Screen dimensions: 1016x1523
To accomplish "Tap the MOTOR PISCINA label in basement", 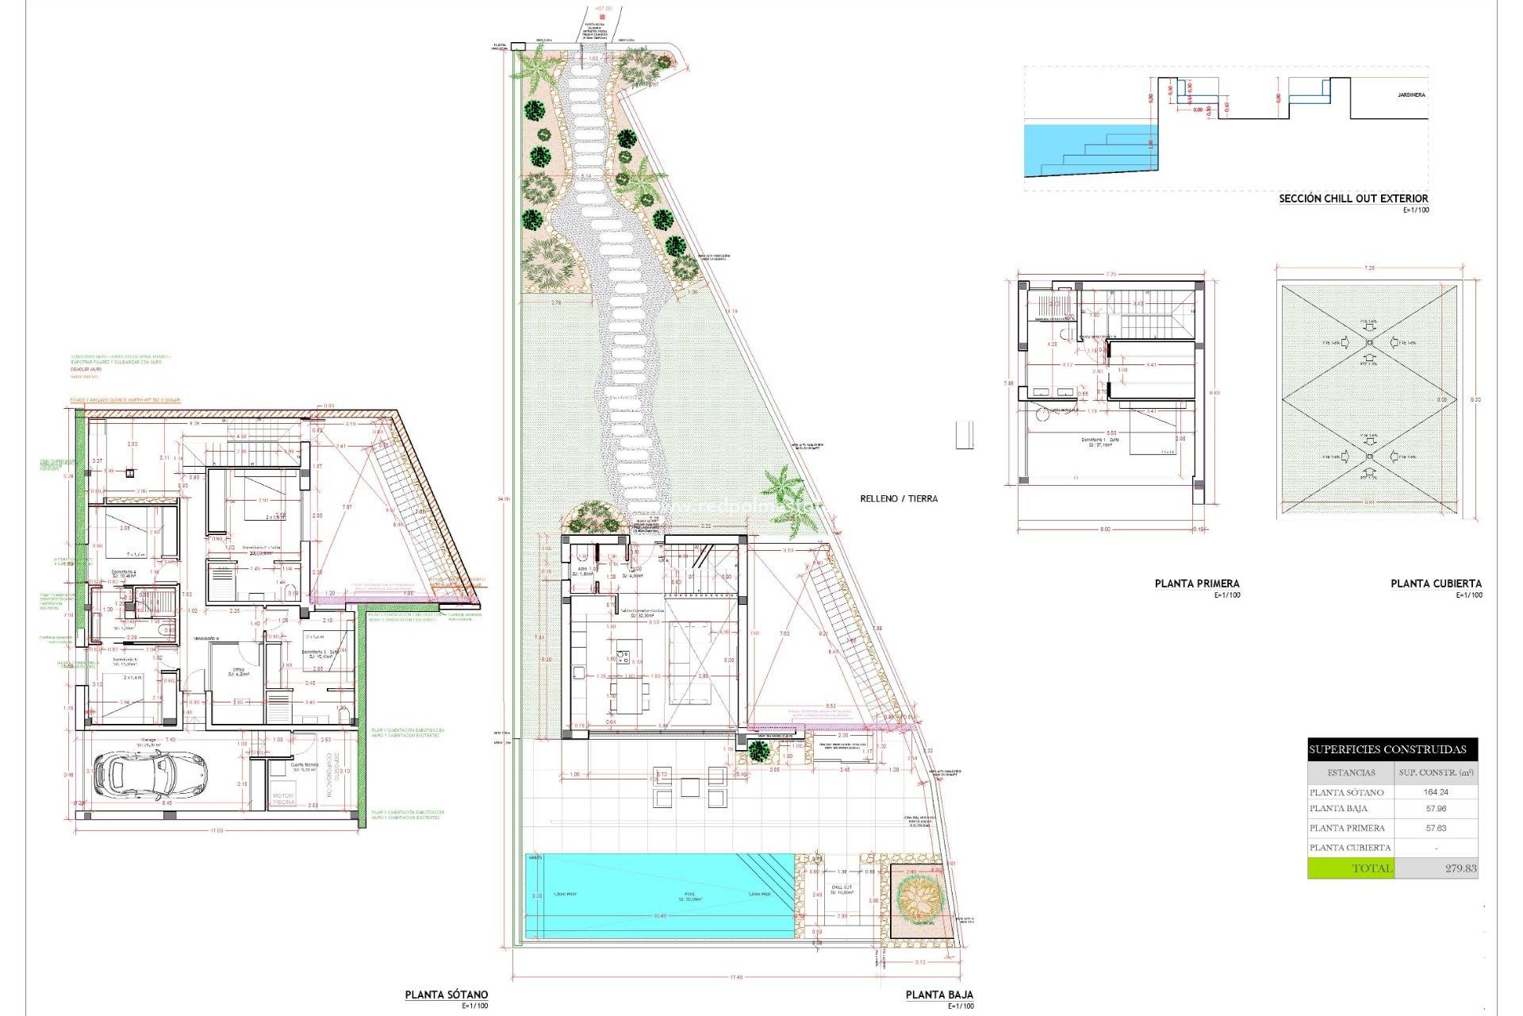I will point(283,799).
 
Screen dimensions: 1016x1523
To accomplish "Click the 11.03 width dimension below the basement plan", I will point(217,830).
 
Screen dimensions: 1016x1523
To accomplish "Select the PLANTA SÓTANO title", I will point(447,995).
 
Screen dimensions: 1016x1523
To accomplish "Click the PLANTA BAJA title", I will point(939,995).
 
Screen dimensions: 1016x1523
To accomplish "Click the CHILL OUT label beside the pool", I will point(842,887).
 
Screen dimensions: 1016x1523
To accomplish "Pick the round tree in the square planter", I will point(919,898).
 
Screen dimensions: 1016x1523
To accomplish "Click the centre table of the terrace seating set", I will point(689,787).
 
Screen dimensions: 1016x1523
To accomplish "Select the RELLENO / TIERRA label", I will point(899,498).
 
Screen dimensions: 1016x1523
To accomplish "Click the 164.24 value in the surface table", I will point(1436,791).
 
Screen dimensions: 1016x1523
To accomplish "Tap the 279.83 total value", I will point(1460,868).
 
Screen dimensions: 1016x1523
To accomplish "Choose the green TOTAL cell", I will point(1351,868).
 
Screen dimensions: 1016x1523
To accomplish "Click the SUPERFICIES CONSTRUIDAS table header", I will point(1392,749).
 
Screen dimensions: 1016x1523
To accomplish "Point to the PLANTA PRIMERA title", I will point(1197,583).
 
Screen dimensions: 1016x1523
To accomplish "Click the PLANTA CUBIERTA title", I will point(1436,583).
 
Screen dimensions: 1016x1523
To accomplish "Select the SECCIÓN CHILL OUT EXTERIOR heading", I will point(1353,198).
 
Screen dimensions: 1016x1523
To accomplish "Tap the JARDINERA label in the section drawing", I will point(1411,95).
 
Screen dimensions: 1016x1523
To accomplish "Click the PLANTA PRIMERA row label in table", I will point(1347,828).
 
